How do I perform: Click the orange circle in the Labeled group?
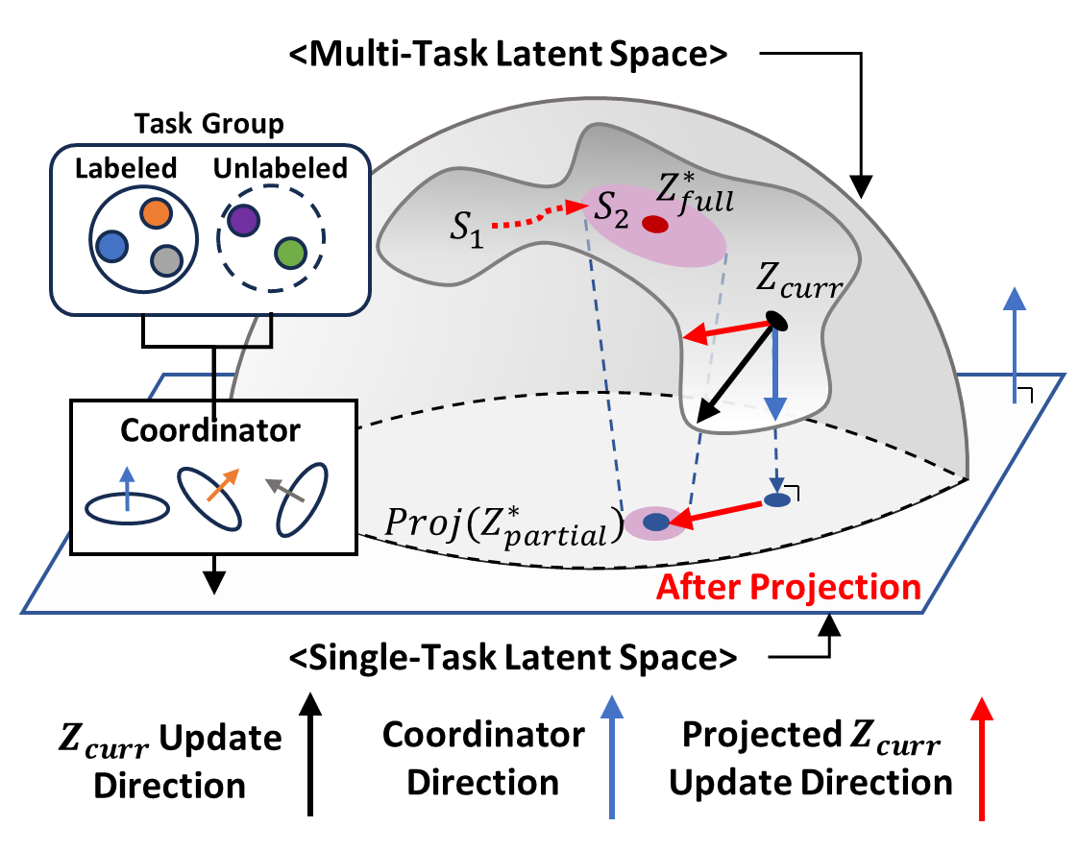[156, 214]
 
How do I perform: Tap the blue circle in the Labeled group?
[112, 246]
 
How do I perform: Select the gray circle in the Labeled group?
[166, 260]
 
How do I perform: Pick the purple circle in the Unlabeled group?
[243, 221]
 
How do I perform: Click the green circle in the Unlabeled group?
[290, 253]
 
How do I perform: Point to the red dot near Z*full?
[655, 224]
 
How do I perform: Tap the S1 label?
[468, 229]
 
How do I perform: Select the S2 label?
[611, 209]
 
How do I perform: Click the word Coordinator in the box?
[210, 430]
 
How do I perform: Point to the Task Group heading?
[209, 124]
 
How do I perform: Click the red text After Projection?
[789, 587]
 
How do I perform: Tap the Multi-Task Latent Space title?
[508, 54]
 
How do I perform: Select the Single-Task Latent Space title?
[513, 658]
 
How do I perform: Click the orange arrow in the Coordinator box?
[223, 485]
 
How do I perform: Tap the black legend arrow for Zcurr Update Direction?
[310, 754]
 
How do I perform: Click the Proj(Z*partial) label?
[504, 528]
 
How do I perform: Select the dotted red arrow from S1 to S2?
[539, 215]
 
